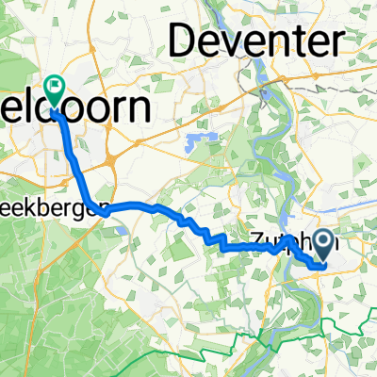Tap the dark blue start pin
325,247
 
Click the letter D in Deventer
185,42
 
